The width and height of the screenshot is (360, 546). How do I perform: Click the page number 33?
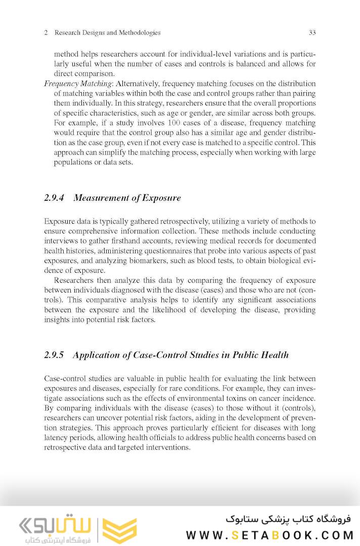tap(312, 33)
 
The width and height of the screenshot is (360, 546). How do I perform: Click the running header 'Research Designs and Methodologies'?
tap(107, 33)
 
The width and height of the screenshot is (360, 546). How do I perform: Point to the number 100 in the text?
tap(174, 123)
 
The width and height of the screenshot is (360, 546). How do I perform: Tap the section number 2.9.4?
tap(54, 198)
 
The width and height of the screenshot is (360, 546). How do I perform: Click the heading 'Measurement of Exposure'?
tap(127, 198)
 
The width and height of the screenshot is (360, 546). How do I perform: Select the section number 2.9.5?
tap(54, 355)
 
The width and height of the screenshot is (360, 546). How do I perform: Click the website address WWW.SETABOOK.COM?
tap(269, 535)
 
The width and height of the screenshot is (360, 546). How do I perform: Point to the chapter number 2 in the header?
tap(46, 33)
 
